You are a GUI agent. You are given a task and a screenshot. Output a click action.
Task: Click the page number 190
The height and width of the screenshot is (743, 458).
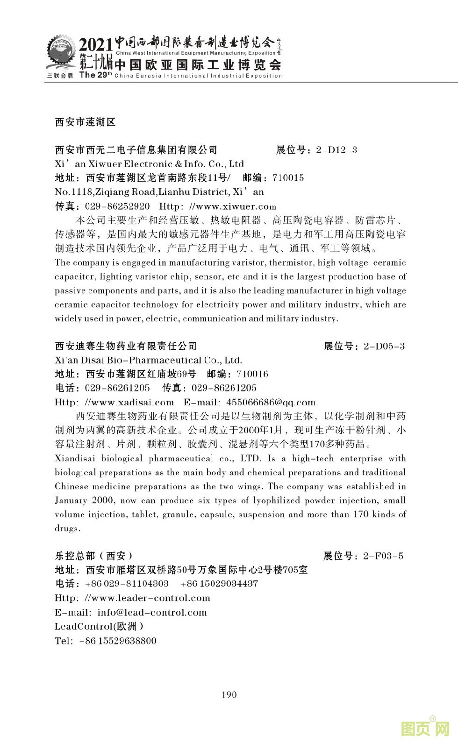pos(229,694)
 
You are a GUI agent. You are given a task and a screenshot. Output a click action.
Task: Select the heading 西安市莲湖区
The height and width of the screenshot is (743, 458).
pos(85,122)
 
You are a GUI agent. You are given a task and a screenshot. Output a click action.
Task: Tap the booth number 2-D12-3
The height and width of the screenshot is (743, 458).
pos(336,150)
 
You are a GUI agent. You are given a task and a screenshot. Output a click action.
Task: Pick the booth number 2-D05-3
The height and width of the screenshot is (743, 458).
pos(384,346)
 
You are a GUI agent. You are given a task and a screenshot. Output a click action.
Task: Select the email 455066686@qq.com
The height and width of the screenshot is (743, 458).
pos(271,402)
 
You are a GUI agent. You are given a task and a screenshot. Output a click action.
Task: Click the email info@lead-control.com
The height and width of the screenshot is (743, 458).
pos(152,612)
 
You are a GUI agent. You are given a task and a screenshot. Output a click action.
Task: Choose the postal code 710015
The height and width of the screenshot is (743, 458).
pos(288,178)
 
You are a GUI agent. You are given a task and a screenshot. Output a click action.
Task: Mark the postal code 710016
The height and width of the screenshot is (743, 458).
pos(252,374)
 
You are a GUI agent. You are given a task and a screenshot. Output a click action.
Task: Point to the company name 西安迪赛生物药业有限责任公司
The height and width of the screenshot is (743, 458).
pos(126,346)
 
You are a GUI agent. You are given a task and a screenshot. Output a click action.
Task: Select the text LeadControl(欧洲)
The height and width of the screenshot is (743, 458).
pos(99,626)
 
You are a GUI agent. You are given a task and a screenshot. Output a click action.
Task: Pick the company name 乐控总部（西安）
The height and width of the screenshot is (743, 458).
pos(94,556)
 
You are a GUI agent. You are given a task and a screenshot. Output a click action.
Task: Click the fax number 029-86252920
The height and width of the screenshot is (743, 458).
pos(117,206)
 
